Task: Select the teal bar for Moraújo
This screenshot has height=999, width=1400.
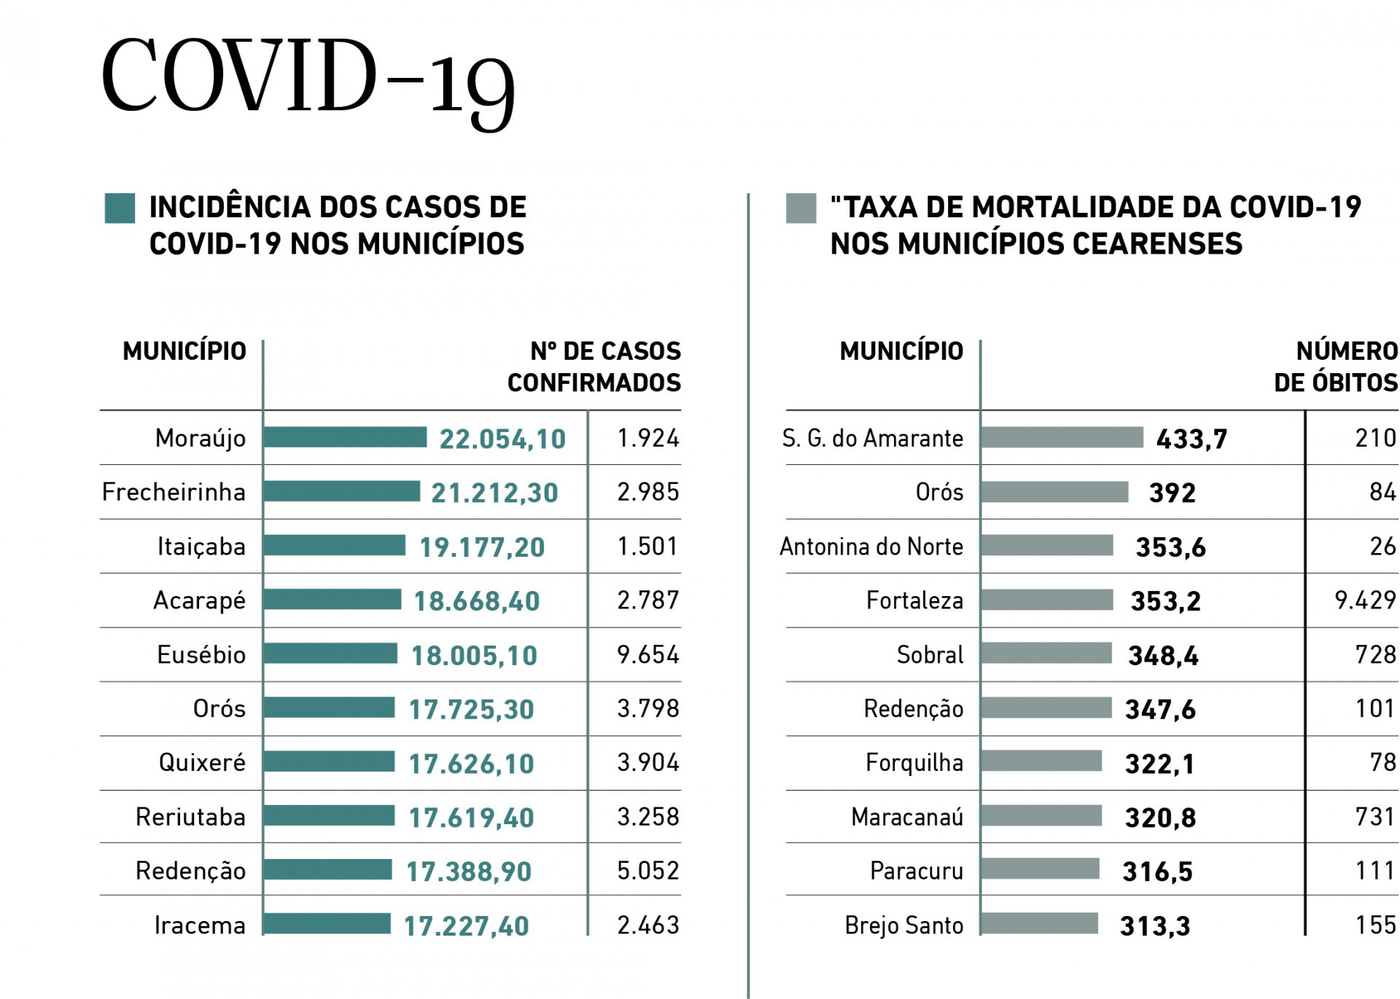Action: pyautogui.click(x=345, y=437)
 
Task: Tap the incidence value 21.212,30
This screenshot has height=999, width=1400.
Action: pyautogui.click(x=494, y=493)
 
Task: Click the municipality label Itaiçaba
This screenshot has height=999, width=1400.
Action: pyautogui.click(x=201, y=546)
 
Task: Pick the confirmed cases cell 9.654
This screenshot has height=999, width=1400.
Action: pyautogui.click(x=647, y=654)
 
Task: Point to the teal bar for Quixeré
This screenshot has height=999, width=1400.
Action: pyautogui.click(x=329, y=762)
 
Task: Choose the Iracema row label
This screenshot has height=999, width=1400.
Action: pyautogui.click(x=200, y=925)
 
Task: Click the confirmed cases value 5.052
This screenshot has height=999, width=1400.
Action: pyautogui.click(x=647, y=871)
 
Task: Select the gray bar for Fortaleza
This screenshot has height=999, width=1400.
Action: pyautogui.click(x=1047, y=600)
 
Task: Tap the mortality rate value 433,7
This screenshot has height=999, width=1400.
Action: pyautogui.click(x=1191, y=439)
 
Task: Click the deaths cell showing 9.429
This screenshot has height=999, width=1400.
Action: pyautogui.click(x=1365, y=600)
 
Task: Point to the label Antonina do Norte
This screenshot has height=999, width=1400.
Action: pyautogui.click(x=871, y=546)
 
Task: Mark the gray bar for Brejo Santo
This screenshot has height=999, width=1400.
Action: pyautogui.click(x=1040, y=923)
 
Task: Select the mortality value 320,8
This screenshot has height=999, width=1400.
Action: pyautogui.click(x=1160, y=818)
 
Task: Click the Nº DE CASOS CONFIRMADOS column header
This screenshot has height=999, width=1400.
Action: pyautogui.click(x=594, y=367)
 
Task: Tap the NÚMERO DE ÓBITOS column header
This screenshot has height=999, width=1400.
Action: pyautogui.click(x=1336, y=367)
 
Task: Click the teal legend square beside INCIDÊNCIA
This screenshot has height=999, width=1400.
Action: pyautogui.click(x=120, y=208)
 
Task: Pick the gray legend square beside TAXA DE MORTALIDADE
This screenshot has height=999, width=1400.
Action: pyautogui.click(x=801, y=208)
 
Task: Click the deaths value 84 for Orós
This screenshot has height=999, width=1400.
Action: pyautogui.click(x=1382, y=492)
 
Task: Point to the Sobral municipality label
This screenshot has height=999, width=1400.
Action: pyautogui.click(x=930, y=654)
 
